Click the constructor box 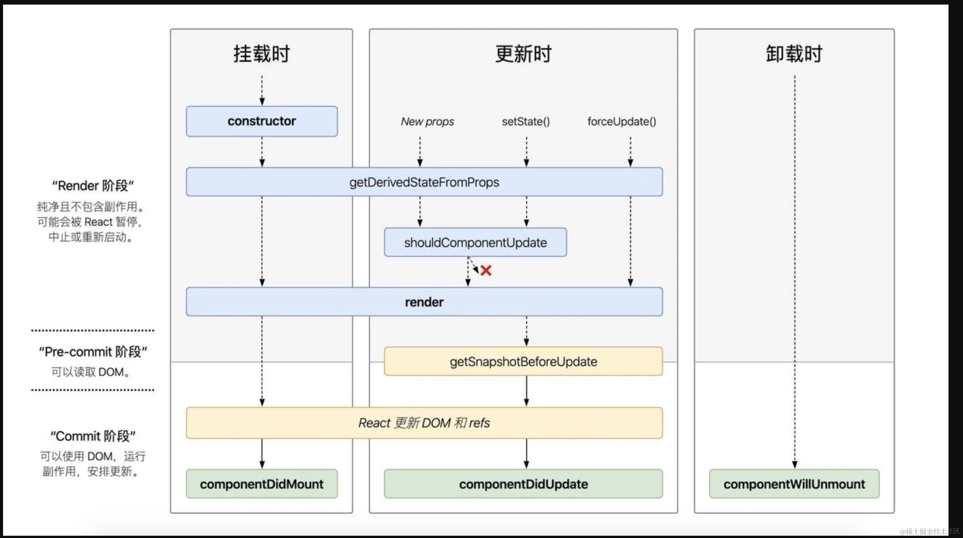point(262,121)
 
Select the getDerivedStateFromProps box point(424,182)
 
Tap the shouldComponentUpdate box point(475,242)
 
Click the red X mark point(486,271)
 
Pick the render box point(424,302)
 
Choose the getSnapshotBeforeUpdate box point(523,361)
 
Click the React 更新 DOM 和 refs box point(424,423)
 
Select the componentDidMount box point(262,484)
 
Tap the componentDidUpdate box point(523,484)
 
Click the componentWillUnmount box point(794,484)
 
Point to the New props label point(427,122)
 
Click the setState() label point(526,122)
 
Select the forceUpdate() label point(621,122)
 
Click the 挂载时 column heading point(262,54)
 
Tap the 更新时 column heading point(523,54)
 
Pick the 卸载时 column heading point(794,54)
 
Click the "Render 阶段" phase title point(93,186)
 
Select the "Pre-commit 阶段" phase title point(93,352)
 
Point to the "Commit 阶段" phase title point(93,436)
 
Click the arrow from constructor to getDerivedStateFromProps point(262,152)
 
